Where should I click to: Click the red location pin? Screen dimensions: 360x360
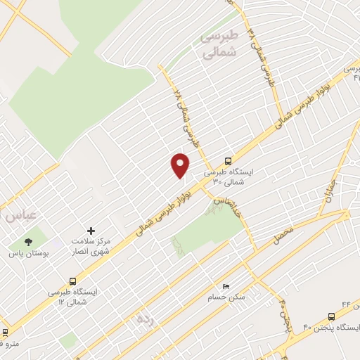(x=181, y=165)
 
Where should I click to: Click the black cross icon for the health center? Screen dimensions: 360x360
(x=90, y=230)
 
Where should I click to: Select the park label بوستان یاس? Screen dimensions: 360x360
(x=27, y=251)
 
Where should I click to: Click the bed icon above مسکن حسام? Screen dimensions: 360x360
(x=225, y=286)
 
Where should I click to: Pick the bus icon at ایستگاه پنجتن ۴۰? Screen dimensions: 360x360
(x=331, y=316)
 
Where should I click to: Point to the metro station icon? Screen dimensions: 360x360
(x=5, y=332)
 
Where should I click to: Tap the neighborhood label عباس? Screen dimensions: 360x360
(x=20, y=215)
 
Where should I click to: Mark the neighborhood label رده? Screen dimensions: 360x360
(x=145, y=319)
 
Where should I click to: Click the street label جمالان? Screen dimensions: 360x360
(x=330, y=188)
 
